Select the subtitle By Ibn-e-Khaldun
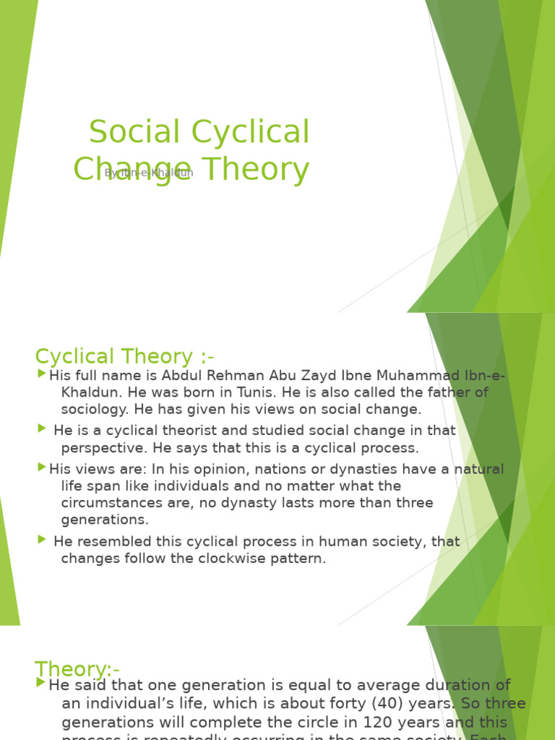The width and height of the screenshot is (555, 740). coord(149,173)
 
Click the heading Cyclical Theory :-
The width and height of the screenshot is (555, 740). coord(125,356)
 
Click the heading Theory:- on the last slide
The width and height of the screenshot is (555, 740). coord(77,668)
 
